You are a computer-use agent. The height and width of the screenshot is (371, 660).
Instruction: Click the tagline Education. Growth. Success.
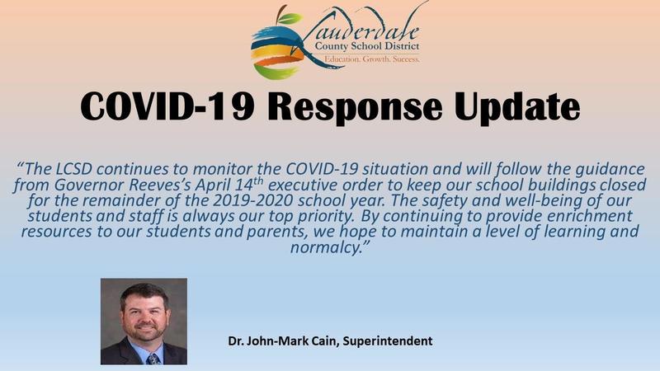pyautogui.click(x=372, y=60)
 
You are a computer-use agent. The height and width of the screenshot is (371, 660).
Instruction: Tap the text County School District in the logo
pyautogui.click(x=372, y=48)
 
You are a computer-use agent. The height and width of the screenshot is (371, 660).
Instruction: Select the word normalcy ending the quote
pyautogui.click(x=330, y=247)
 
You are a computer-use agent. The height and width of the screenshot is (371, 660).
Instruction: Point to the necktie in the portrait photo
pyautogui.click(x=151, y=356)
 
